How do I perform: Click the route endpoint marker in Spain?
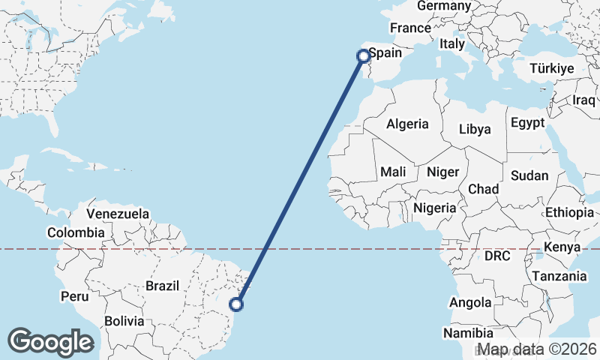click(x=363, y=55)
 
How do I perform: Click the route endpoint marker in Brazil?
click(x=236, y=304)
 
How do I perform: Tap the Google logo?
click(x=51, y=342)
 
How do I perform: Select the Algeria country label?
click(x=407, y=124)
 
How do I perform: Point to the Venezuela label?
click(x=118, y=214)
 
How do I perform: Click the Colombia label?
click(x=76, y=232)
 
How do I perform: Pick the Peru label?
click(x=74, y=296)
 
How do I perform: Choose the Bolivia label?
click(x=124, y=321)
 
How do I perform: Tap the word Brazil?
click(x=162, y=286)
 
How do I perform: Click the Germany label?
click(x=443, y=6)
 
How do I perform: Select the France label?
click(x=410, y=28)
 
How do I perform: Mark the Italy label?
click(x=452, y=44)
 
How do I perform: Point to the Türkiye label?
click(x=551, y=68)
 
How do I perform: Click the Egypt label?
click(x=527, y=122)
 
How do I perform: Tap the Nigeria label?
click(x=434, y=208)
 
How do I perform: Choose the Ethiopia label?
click(x=569, y=212)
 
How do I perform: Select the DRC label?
click(x=496, y=256)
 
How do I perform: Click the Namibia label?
click(x=467, y=332)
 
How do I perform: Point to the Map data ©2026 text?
click(x=538, y=349)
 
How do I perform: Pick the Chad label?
click(x=483, y=189)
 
